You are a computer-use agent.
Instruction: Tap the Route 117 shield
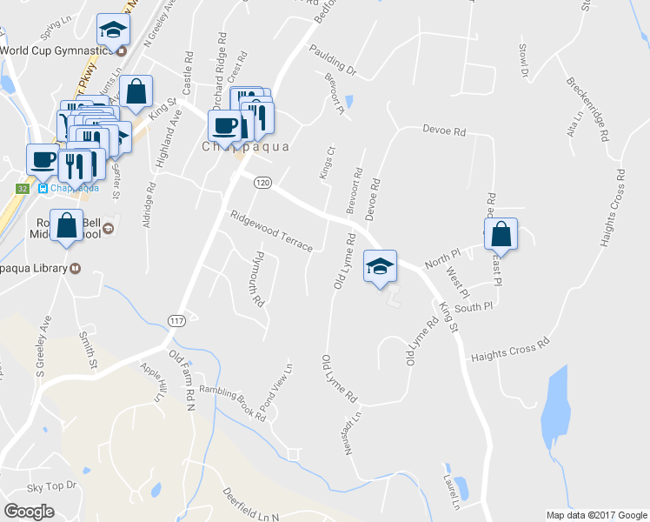176,321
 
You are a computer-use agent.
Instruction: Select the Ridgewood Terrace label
270,231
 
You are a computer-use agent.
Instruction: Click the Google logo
30,512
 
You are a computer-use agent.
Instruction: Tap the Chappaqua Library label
32,268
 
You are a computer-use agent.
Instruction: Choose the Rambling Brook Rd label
233,403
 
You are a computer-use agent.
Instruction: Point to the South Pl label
474,307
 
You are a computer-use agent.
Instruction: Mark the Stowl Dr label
524,59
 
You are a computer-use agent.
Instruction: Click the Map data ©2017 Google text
595,515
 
